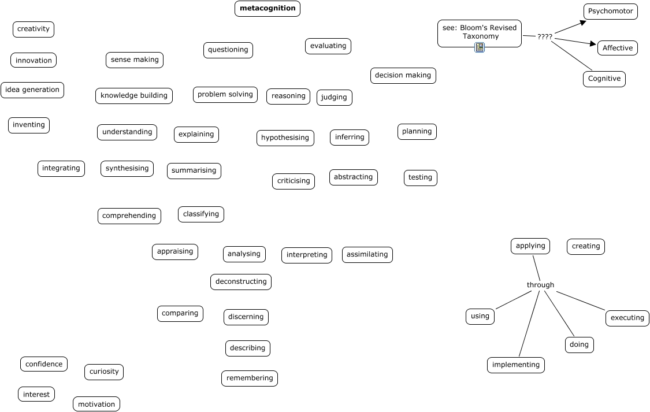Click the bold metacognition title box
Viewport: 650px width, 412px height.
click(268, 9)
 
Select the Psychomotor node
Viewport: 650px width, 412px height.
click(610, 12)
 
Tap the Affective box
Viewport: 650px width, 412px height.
click(617, 48)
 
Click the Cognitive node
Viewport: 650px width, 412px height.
click(604, 79)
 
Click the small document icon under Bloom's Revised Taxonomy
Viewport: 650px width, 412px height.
click(479, 47)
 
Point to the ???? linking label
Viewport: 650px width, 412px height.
click(544, 37)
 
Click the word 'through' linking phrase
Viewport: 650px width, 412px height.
click(540, 285)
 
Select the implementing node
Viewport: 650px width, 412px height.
click(516, 365)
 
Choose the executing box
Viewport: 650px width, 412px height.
click(627, 318)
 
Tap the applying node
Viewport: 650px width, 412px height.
click(530, 246)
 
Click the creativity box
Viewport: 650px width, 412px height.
click(34, 29)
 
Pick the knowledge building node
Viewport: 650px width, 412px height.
click(133, 96)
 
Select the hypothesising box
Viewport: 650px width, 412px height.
click(285, 138)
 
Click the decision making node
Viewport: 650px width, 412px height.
click(403, 76)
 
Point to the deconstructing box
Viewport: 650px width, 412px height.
click(240, 282)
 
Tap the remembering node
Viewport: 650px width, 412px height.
click(249, 378)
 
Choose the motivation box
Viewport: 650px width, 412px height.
click(96, 404)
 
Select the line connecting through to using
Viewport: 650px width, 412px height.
click(514, 300)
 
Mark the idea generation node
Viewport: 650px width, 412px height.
click(32, 90)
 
